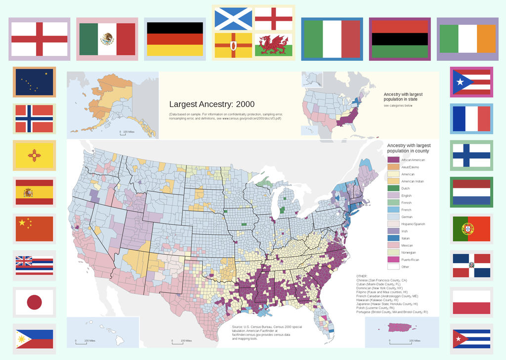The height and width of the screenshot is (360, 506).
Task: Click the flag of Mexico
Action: click(x=107, y=39)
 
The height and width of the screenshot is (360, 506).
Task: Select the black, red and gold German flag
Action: click(x=175, y=39)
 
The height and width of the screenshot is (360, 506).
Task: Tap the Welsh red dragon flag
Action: click(x=273, y=45)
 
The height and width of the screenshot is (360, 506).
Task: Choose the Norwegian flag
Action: click(x=34, y=119)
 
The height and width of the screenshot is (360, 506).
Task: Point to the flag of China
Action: click(x=34, y=228)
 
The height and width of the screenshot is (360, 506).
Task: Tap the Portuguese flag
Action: click(x=471, y=228)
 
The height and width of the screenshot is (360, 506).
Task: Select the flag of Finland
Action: click(x=471, y=155)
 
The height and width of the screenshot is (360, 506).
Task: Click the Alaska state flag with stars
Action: click(x=34, y=82)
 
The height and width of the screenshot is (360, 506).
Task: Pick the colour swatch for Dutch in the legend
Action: click(x=393, y=188)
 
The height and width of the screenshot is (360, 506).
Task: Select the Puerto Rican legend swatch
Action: click(x=393, y=260)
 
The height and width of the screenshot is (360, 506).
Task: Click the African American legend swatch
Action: click(x=393, y=160)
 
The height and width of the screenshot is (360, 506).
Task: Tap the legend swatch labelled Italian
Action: click(x=393, y=238)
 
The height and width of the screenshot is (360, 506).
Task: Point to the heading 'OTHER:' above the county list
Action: click(x=362, y=276)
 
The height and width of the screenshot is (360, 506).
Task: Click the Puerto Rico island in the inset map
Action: click(x=401, y=327)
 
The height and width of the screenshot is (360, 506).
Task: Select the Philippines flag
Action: click(x=34, y=338)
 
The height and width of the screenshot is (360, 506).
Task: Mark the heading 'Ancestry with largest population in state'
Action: click(x=403, y=96)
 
